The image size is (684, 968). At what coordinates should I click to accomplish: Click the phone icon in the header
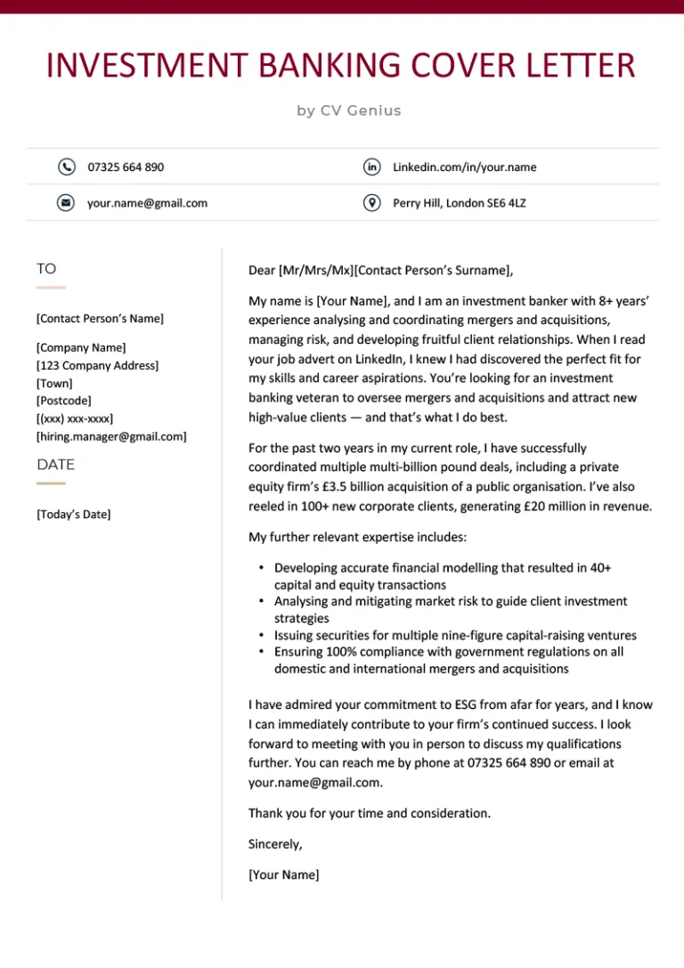(x=66, y=167)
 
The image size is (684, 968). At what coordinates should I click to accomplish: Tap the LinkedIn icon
(x=372, y=167)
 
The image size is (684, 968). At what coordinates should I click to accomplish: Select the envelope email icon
(x=66, y=203)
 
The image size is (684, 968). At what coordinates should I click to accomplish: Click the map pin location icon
(x=372, y=203)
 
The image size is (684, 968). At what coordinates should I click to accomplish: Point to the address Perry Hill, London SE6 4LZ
(x=459, y=203)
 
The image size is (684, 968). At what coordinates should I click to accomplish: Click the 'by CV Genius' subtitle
(x=349, y=110)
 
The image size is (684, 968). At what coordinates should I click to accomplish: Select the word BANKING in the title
(x=338, y=67)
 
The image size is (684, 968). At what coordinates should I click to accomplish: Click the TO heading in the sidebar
(x=46, y=268)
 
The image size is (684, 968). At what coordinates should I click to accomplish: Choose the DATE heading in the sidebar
(x=55, y=464)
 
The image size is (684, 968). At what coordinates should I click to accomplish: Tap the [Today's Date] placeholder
(x=74, y=514)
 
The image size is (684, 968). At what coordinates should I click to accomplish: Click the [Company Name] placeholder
(x=81, y=347)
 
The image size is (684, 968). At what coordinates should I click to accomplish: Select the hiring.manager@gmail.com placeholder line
(x=111, y=436)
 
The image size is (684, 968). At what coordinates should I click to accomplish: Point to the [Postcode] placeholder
(x=63, y=401)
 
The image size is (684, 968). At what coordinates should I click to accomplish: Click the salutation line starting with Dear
(x=380, y=271)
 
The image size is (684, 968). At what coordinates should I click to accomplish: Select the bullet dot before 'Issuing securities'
(x=260, y=636)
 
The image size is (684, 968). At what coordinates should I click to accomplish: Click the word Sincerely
(x=275, y=843)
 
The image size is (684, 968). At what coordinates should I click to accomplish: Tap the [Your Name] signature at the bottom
(x=283, y=874)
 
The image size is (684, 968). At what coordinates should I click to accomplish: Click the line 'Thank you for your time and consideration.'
(x=369, y=813)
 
